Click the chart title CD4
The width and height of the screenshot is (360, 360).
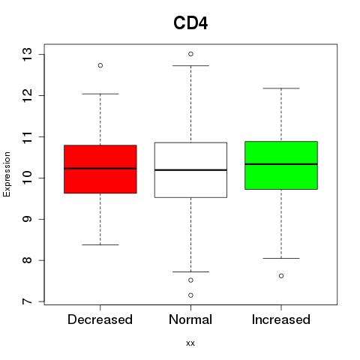(190, 23)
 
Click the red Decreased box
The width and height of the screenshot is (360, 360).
(100, 169)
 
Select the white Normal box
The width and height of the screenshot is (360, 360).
(190, 170)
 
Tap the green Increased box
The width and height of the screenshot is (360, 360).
(281, 165)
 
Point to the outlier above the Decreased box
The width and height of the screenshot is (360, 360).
(100, 65)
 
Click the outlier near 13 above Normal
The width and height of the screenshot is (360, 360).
(190, 54)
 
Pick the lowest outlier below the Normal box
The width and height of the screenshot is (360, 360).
(190, 295)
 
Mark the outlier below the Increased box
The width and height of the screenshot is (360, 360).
(281, 276)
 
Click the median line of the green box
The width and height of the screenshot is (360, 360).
(281, 164)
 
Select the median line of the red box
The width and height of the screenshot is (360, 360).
(100, 169)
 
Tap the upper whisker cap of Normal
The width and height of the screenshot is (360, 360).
(190, 65)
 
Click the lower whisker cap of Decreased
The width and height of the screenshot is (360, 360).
(100, 244)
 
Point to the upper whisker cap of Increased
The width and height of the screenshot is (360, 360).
(281, 88)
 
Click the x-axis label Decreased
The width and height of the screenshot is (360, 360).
(100, 319)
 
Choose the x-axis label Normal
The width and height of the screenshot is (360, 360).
(190, 319)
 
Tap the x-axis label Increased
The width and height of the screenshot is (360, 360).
(281, 319)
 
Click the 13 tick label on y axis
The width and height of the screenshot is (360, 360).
(27, 54)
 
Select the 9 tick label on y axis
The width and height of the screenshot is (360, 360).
(27, 219)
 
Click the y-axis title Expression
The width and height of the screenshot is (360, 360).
(7, 174)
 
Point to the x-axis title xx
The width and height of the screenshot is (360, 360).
(190, 343)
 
